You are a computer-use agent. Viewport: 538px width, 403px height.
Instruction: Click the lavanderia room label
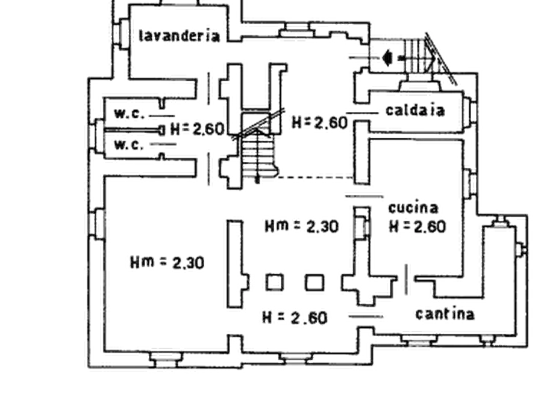179,35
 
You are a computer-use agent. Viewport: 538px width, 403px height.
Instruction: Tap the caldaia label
415,110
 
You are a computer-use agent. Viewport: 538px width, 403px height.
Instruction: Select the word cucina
413,208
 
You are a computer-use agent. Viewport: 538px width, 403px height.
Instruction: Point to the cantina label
445,313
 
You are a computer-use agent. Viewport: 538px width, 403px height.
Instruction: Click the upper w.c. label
129,114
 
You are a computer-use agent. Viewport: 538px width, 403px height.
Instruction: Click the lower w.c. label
129,145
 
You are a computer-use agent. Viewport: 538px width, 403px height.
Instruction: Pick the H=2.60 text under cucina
418,227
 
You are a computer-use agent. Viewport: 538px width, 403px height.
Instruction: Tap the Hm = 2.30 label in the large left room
167,263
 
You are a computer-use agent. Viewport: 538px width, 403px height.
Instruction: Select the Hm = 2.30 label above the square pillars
302,226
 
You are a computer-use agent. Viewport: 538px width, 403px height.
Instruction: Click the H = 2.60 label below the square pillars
295,318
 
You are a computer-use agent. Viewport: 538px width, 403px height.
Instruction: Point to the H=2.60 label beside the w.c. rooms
197,129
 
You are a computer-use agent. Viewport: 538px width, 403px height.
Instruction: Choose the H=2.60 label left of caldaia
319,123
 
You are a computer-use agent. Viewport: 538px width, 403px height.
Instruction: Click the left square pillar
275,282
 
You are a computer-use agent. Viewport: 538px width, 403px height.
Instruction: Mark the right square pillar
314,282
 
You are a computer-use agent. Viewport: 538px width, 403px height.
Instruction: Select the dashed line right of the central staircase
316,177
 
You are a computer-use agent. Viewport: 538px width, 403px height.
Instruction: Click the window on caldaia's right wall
469,111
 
